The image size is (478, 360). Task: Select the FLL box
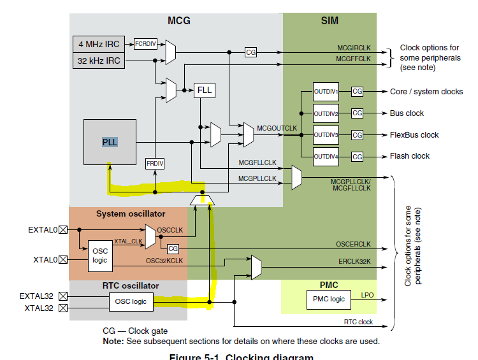click(x=204, y=90)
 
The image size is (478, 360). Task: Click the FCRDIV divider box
click(x=145, y=44)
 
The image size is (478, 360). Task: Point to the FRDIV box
click(x=155, y=164)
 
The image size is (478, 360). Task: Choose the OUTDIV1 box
click(x=326, y=92)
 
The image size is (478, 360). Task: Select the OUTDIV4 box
click(x=326, y=156)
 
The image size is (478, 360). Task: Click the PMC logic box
click(x=329, y=298)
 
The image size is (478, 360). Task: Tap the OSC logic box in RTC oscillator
click(x=131, y=302)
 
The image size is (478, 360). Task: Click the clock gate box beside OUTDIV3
click(x=357, y=135)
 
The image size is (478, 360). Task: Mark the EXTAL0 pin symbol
click(x=62, y=229)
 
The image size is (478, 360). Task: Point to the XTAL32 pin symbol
click(x=62, y=308)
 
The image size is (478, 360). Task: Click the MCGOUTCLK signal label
click(x=277, y=128)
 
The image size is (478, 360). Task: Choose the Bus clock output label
click(x=407, y=113)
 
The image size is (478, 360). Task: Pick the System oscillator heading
click(x=131, y=213)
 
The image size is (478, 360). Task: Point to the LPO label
click(x=367, y=295)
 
